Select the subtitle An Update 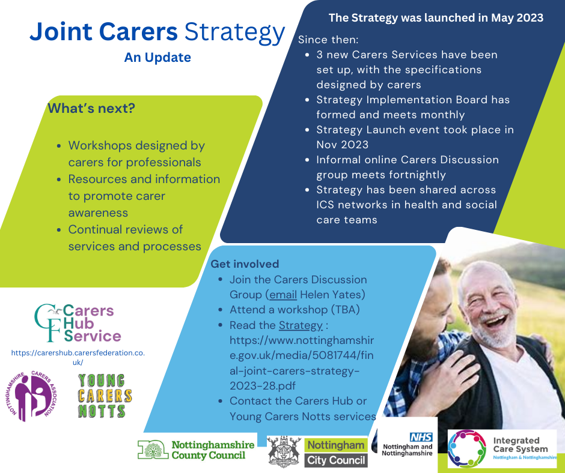pyautogui.click(x=157, y=58)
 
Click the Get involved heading pyautogui.click(x=245, y=264)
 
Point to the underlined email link pyautogui.click(x=282, y=295)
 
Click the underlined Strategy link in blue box pyautogui.click(x=301, y=325)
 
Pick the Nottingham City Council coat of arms pyautogui.click(x=284, y=451)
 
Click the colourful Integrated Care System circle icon pyautogui.click(x=467, y=449)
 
